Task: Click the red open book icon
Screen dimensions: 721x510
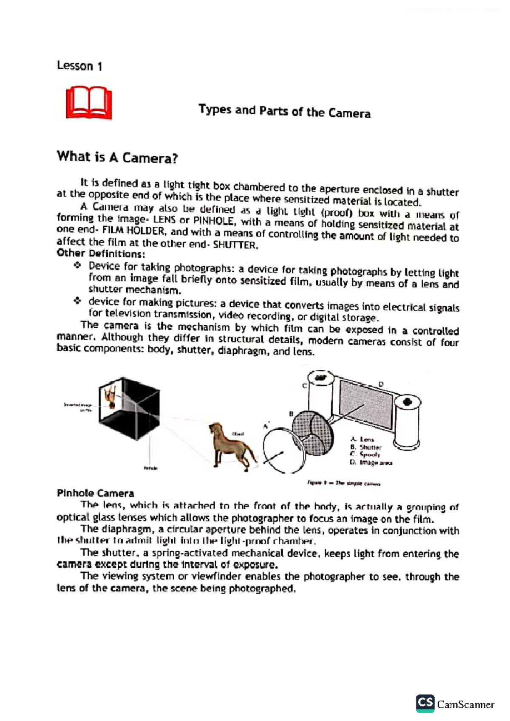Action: [x=89, y=103]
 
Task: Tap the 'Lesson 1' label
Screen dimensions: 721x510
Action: [x=79, y=66]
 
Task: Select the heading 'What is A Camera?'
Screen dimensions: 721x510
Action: [x=117, y=157]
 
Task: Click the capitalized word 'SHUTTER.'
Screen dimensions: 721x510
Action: [x=235, y=245]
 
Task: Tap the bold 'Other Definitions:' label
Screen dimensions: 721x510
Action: [x=101, y=254]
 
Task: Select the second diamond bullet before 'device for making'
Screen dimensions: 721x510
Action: [x=77, y=301]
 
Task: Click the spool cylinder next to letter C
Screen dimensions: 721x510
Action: [x=320, y=397]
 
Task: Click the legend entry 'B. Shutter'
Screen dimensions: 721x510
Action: [x=365, y=447]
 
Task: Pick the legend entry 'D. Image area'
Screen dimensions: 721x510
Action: [x=371, y=462]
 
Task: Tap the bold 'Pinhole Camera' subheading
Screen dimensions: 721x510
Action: [x=95, y=493]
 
